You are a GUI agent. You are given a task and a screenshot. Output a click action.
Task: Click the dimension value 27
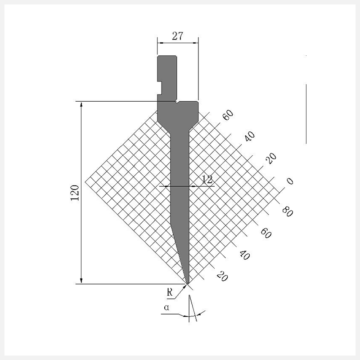[x=177, y=36]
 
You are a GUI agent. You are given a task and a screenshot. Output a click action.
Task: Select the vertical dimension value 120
[x=75, y=193]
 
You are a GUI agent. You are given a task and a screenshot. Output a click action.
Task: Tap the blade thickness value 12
[x=207, y=179]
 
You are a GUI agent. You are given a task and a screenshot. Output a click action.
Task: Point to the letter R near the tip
[x=170, y=292]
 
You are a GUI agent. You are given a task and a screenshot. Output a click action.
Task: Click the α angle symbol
[x=166, y=307]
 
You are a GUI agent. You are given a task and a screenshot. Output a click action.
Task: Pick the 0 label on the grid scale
[x=290, y=181]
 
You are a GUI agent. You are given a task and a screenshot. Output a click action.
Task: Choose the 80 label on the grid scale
[x=288, y=211]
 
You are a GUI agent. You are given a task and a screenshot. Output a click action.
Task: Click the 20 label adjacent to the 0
[x=271, y=158]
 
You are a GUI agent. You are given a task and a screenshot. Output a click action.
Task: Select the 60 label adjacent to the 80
[x=266, y=233]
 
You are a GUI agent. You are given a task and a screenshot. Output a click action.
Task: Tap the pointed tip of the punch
[x=187, y=284]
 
